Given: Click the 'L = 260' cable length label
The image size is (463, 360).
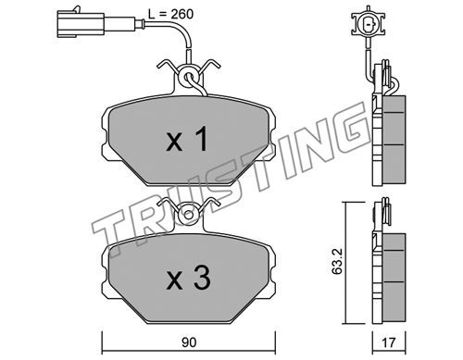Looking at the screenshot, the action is [170, 14].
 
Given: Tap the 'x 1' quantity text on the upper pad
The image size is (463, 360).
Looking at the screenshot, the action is [187, 140].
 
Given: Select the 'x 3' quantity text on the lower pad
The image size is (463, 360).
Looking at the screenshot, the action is [188, 278].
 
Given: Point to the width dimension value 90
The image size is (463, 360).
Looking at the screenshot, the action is [189, 342].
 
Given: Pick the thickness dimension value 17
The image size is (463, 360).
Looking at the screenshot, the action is [389, 342].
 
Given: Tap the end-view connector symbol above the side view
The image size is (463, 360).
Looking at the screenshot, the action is [369, 22].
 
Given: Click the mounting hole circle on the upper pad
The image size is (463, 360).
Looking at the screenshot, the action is [189, 76].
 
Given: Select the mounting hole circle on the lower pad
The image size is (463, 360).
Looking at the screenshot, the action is [189, 214].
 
